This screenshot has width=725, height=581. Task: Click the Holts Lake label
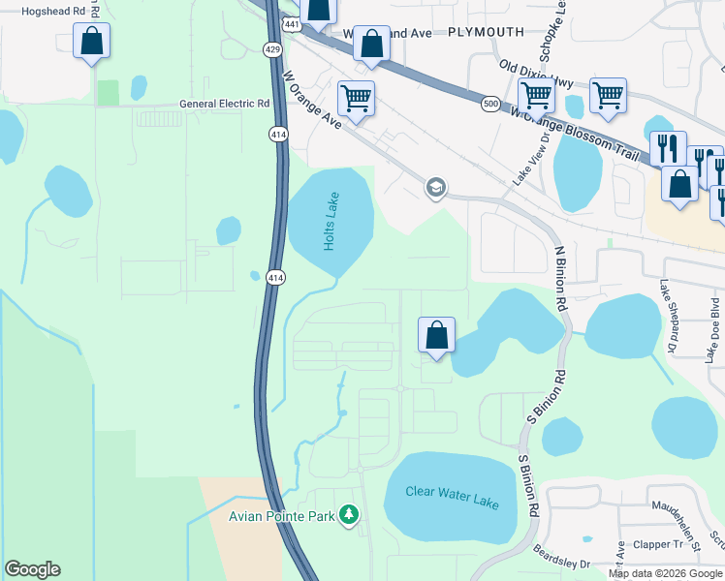coord(331,222)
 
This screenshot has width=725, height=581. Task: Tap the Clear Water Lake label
coord(452,498)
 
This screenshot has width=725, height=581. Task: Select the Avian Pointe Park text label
coord(281,516)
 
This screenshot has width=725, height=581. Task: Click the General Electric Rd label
coord(225,104)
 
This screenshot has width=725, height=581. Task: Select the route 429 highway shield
coord(272,47)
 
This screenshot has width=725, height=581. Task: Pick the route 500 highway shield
coord(491,103)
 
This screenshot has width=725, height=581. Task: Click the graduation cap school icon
coord(436,187)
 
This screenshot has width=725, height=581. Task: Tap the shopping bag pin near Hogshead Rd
coord(91,42)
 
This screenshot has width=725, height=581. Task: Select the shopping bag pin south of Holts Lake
coord(437,336)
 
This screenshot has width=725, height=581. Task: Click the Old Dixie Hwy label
coord(536,75)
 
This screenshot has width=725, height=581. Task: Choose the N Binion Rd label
coord(559,278)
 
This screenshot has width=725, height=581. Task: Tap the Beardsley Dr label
coord(562,557)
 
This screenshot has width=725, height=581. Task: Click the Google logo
coord(32,569)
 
